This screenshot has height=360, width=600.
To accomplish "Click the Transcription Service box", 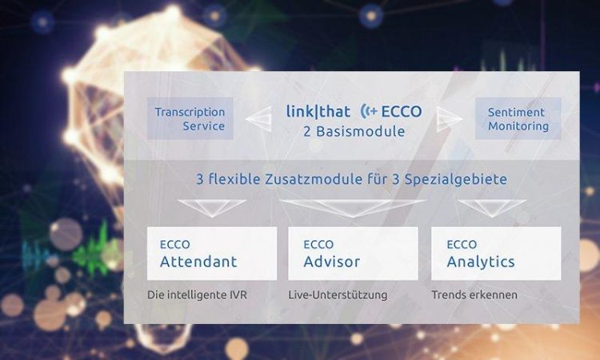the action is pyautogui.click(x=190, y=118).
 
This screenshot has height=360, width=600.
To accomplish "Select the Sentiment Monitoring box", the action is pyautogui.click(x=518, y=118).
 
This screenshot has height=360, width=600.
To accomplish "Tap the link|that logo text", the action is pyautogui.click(x=318, y=111).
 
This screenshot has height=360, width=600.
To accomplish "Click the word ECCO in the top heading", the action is pyautogui.click(x=402, y=111).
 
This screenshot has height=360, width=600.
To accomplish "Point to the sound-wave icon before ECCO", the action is pyautogui.click(x=369, y=111).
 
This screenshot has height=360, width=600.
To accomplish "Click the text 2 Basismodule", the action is pyautogui.click(x=354, y=132).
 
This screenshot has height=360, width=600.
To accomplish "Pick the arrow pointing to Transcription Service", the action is pyautogui.click(x=258, y=118).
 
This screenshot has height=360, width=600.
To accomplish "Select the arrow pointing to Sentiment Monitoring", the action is pyautogui.click(x=450, y=118).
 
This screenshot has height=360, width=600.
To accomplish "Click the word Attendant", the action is pyautogui.click(x=198, y=262).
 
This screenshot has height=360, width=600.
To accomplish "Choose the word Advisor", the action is pyautogui.click(x=332, y=262).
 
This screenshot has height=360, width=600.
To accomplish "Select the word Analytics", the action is pyautogui.click(x=481, y=262).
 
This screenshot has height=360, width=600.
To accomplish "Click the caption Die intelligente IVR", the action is pyautogui.click(x=197, y=295).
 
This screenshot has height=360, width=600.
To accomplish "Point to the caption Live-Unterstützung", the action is pyautogui.click(x=338, y=295).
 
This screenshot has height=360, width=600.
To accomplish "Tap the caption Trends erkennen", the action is pyautogui.click(x=474, y=295).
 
